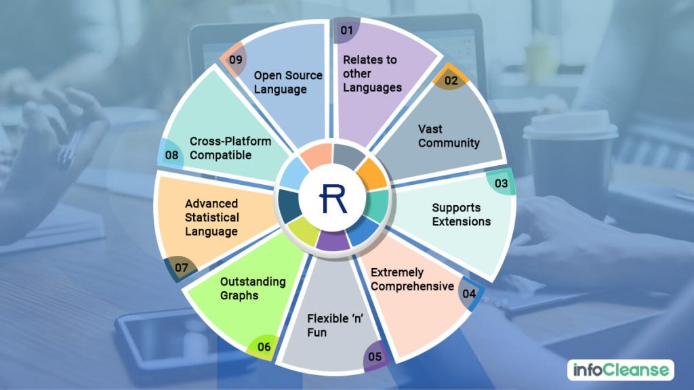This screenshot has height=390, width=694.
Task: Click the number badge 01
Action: point(347,30)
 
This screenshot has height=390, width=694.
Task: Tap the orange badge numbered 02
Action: point(451,81)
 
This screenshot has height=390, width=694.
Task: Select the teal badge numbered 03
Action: point(501,183)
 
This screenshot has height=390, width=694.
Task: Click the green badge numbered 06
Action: point(264,347)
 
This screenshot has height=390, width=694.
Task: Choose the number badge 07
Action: point(181,267)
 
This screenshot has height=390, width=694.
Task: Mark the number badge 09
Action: point(235,60)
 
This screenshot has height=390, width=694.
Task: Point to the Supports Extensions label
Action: point(461,215)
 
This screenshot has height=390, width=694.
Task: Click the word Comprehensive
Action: point(411,286)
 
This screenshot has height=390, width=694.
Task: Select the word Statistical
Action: point(212,217)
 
